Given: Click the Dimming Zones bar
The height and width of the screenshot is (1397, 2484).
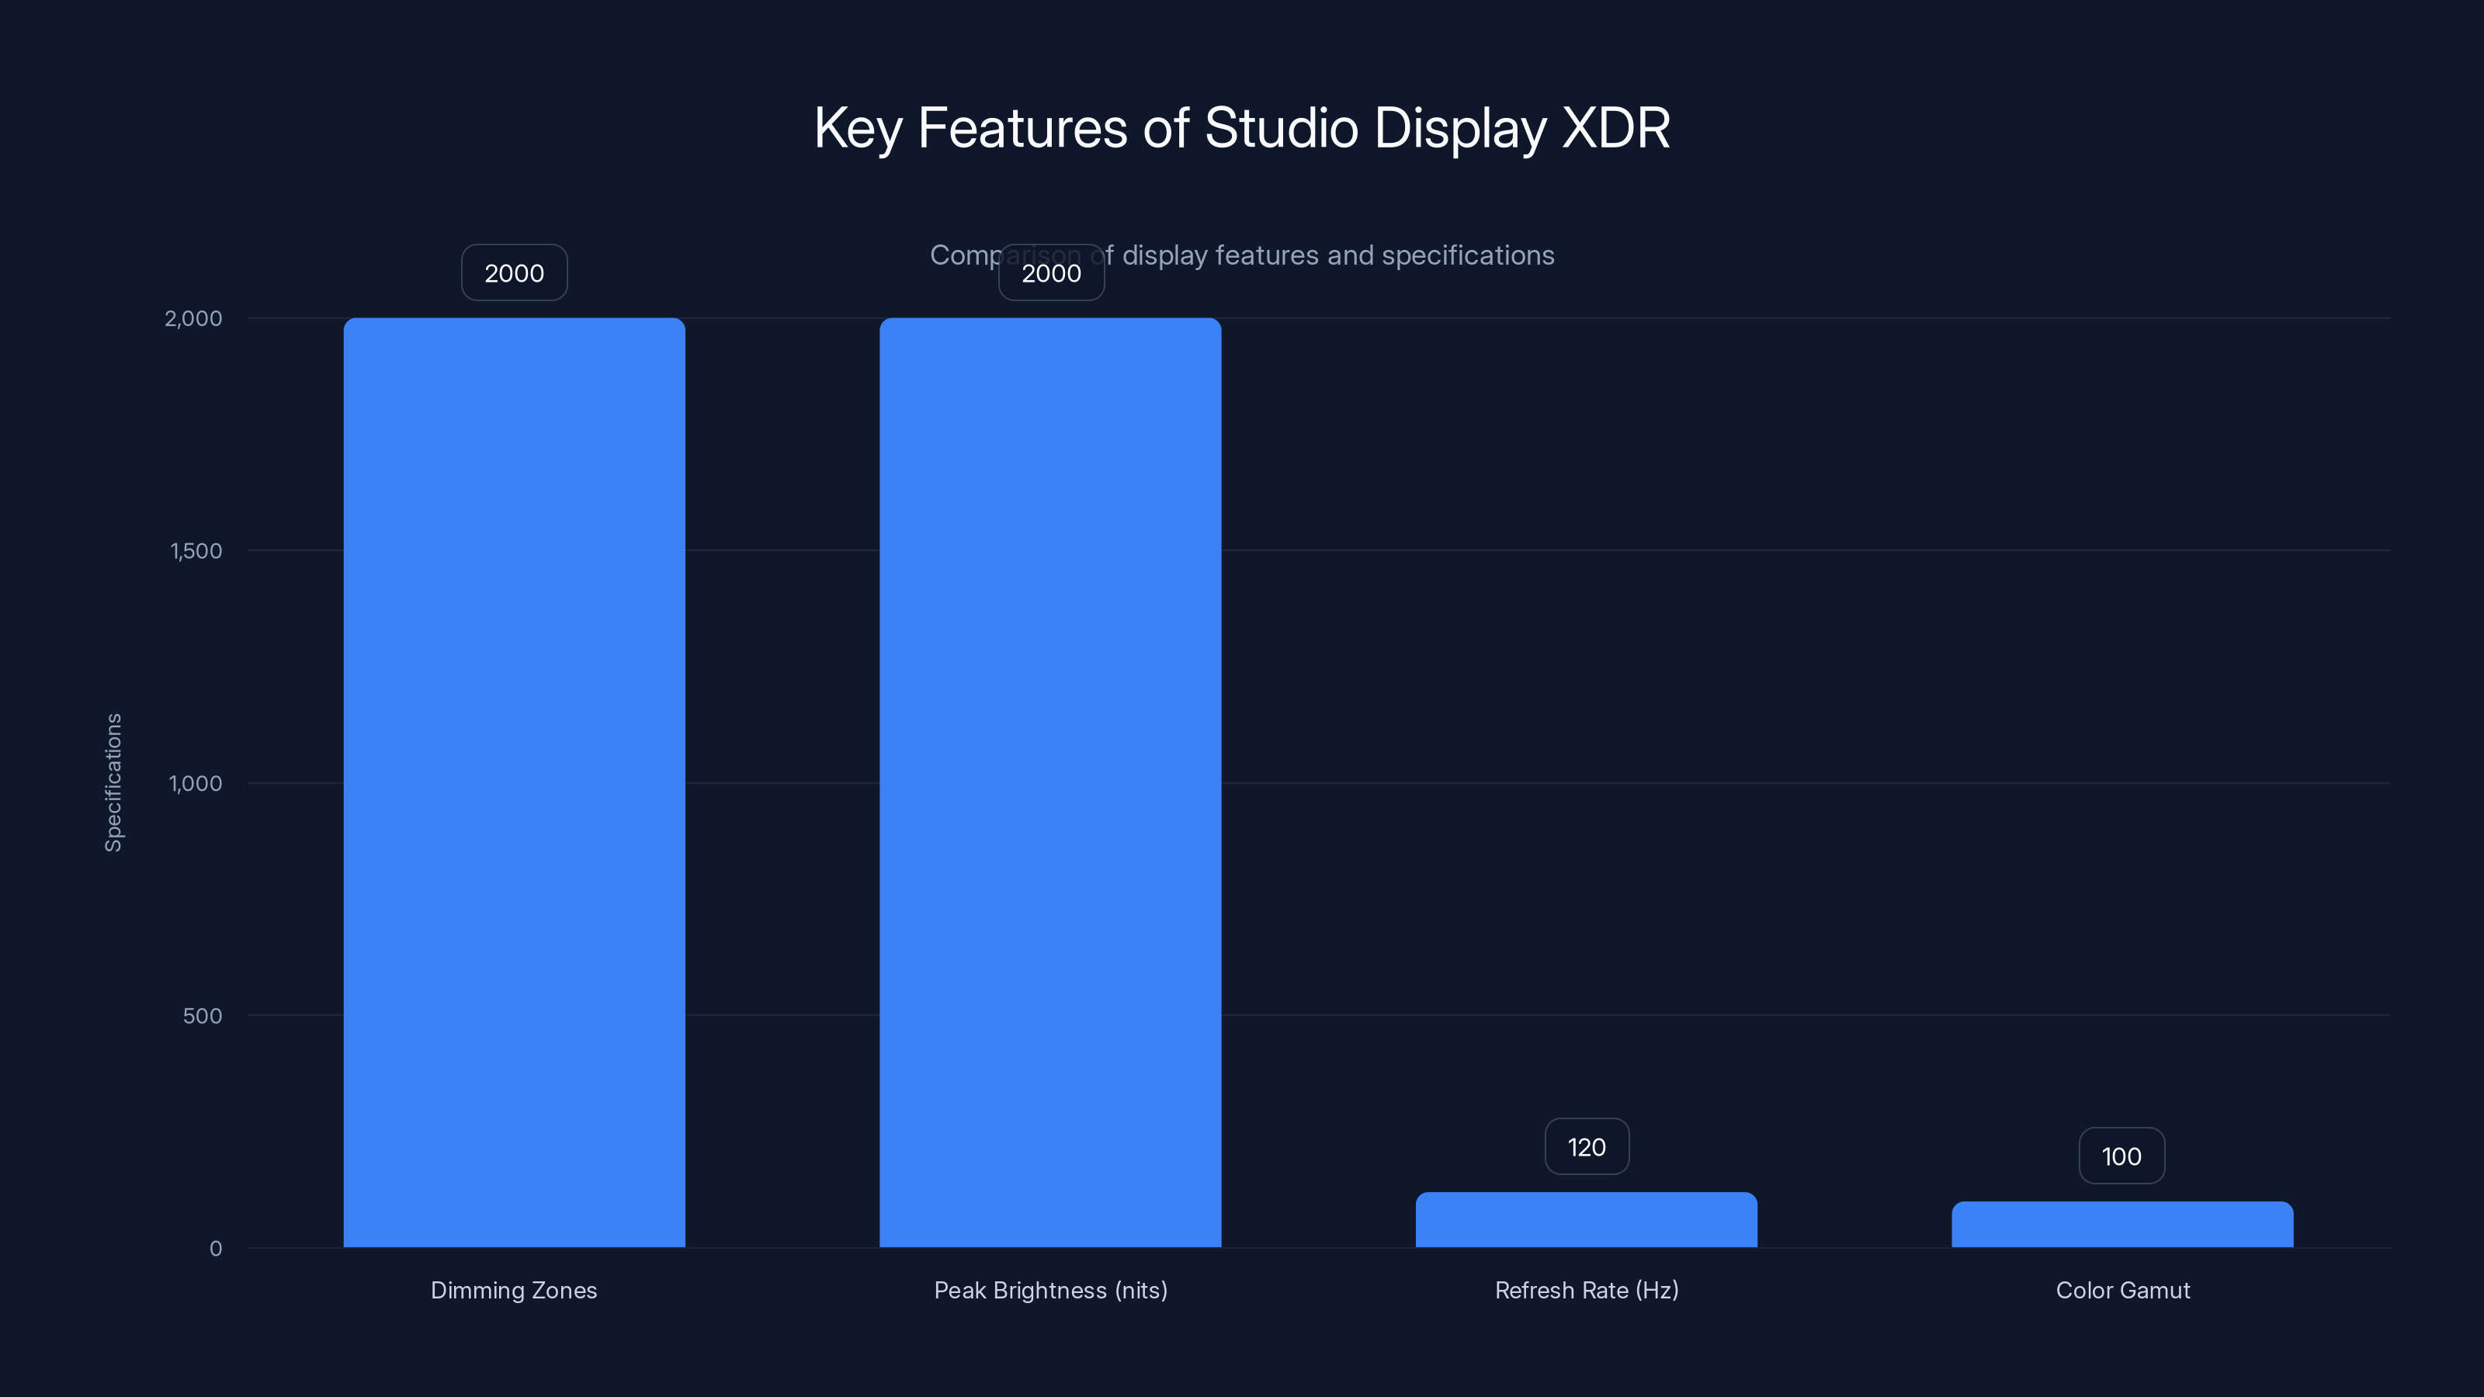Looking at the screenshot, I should pos(514,782).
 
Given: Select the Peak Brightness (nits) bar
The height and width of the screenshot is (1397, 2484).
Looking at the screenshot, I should pos(1050,782).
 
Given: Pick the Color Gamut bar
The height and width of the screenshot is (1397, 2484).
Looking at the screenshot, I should pos(2122,1225).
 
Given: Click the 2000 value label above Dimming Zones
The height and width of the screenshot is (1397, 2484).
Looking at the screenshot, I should pos(514,273).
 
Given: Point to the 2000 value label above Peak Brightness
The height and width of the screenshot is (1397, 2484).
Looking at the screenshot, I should pos(1051,273).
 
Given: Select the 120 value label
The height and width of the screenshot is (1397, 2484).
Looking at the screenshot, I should pos(1586,1146).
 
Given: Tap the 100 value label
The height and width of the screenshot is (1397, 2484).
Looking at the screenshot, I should pos(2121,1156).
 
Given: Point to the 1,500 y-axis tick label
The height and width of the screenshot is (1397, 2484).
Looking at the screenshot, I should pos(196,550).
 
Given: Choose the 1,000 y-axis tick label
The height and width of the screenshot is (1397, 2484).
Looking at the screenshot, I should pos(196,783).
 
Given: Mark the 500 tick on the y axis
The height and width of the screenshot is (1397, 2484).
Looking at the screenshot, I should pos(203,1015).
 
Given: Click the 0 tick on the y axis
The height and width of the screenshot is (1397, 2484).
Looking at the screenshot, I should pos(216,1249).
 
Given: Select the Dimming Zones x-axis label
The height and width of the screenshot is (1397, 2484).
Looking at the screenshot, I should pos(514,1290).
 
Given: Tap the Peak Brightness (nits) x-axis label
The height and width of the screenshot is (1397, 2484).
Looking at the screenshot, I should pos(1050,1290).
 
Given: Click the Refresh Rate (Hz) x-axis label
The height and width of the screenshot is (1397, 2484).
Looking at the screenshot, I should pos(1586,1290).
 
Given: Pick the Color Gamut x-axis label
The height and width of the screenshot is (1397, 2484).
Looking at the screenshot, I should pos(2122,1290).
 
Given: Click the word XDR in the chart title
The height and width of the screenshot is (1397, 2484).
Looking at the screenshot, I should pos(1615,128).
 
